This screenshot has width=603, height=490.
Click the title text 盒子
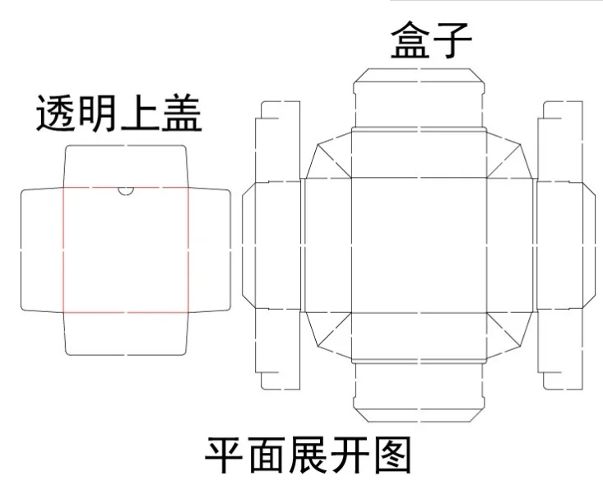pyautogui.click(x=420, y=41)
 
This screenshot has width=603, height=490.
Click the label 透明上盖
pyautogui.click(x=118, y=114)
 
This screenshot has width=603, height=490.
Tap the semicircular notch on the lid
pyautogui.click(x=126, y=191)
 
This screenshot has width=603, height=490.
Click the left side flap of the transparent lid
pyautogui.click(x=42, y=250)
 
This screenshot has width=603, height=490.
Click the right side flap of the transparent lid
pyautogui.click(x=210, y=250)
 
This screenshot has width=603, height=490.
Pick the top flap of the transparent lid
pyautogui.click(x=126, y=166)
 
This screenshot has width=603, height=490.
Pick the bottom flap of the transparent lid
pyautogui.click(x=126, y=334)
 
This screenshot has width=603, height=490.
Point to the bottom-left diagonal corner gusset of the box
pyautogui.click(x=329, y=334)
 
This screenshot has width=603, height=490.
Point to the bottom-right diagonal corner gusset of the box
pyautogui.click(x=510, y=334)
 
